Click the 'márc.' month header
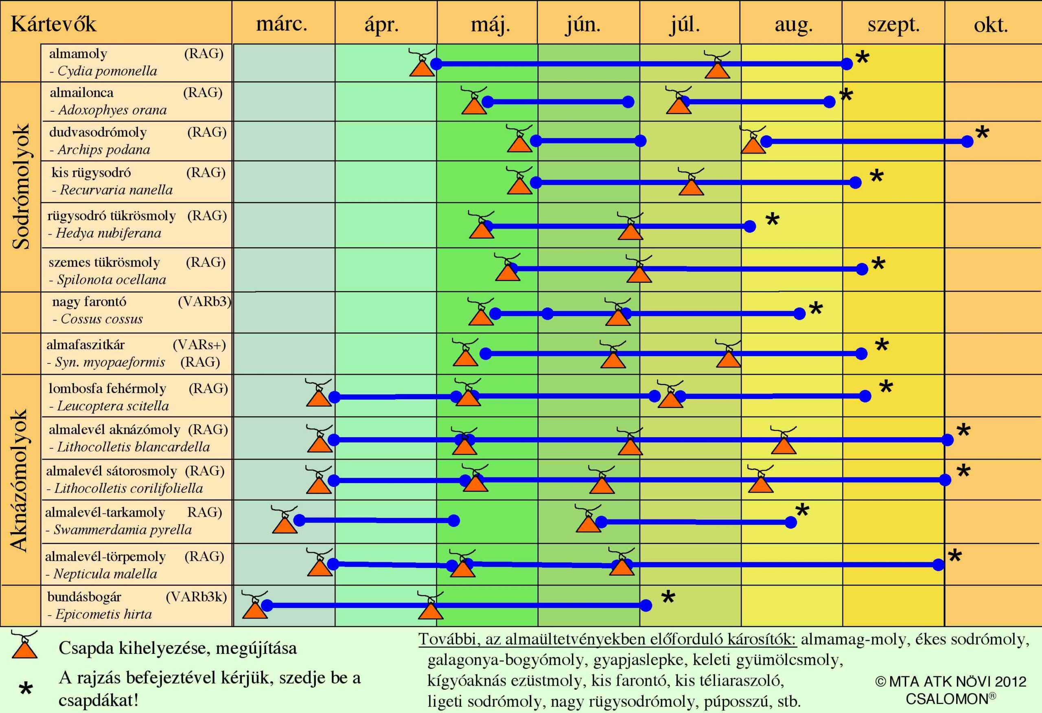[x=282, y=24]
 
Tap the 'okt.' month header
[x=991, y=25]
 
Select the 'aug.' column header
[x=794, y=26]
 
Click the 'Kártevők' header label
[x=53, y=23]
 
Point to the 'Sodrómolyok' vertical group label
[x=21, y=186]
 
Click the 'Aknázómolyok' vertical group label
[x=19, y=480]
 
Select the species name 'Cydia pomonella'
[x=107, y=71]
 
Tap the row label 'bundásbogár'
[x=84, y=597]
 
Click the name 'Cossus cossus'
[x=102, y=319]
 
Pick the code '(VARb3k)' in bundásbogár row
[x=196, y=597]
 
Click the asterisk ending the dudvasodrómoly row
[x=982, y=132]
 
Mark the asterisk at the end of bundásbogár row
[x=668, y=597]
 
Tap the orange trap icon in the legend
[x=25, y=645]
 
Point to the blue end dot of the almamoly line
[x=847, y=64]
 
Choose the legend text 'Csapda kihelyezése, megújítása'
[x=177, y=648]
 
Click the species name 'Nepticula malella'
[x=105, y=574]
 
